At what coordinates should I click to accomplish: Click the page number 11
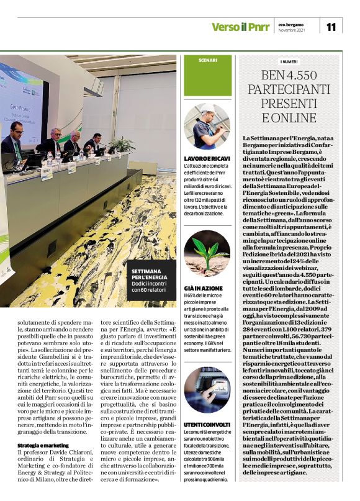point(331,26)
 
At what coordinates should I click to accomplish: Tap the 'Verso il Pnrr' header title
point(238,27)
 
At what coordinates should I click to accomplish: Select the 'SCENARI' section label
point(208,60)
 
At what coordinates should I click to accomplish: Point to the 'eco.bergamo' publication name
point(291,24)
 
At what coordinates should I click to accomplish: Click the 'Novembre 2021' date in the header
point(292,30)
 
